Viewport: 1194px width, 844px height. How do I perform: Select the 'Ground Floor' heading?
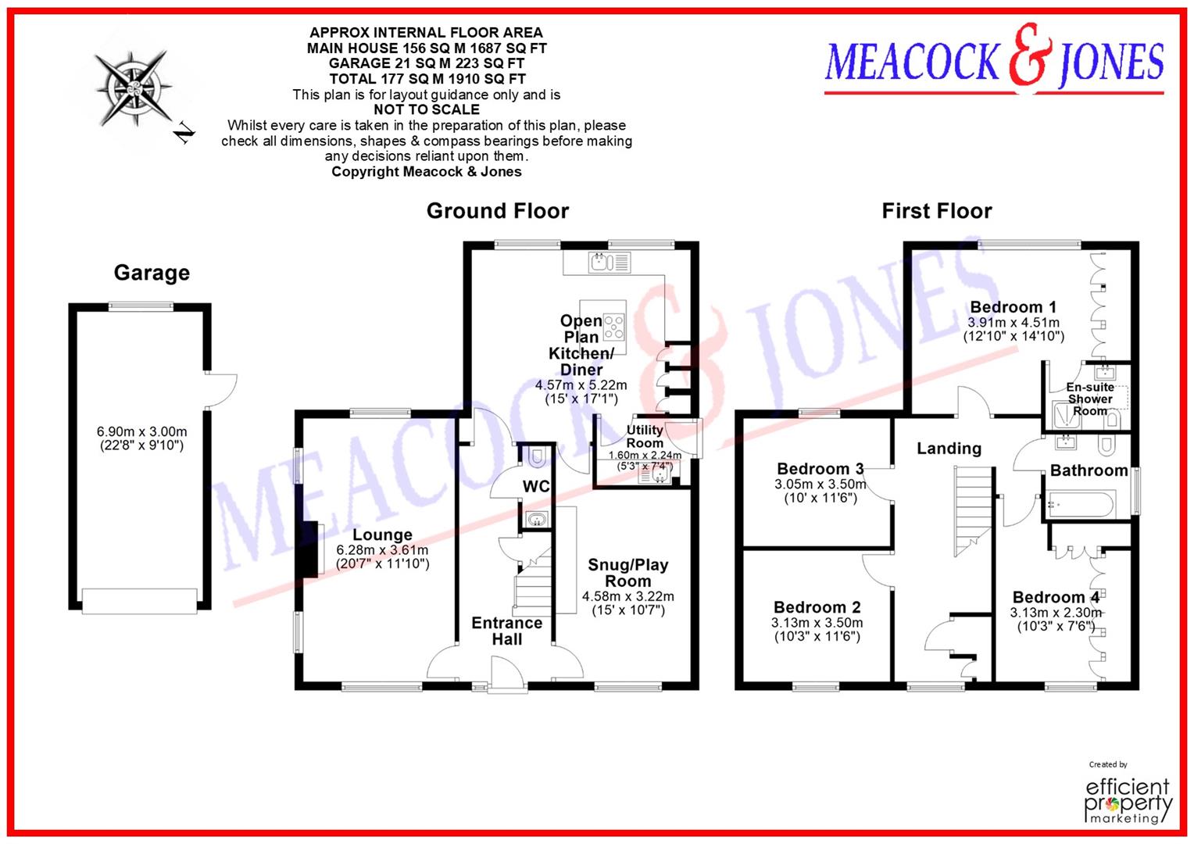(497, 211)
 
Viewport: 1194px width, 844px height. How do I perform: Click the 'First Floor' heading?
(936, 211)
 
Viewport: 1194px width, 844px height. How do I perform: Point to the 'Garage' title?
(152, 273)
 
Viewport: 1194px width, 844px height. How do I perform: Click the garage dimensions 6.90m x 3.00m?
(141, 431)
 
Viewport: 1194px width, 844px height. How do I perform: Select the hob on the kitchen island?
(614, 324)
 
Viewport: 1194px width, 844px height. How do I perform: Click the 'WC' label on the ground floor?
(536, 486)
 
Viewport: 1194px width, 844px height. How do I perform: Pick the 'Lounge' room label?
(382, 535)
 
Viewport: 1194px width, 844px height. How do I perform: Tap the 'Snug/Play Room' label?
(627, 573)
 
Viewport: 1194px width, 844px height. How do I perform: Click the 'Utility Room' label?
(645, 436)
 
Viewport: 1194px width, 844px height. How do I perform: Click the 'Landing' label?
(949, 449)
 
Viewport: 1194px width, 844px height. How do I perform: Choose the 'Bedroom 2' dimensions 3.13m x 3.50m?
(817, 623)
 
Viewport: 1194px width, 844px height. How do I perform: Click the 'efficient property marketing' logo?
(1128, 799)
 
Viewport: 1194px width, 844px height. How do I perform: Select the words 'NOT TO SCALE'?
(427, 110)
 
